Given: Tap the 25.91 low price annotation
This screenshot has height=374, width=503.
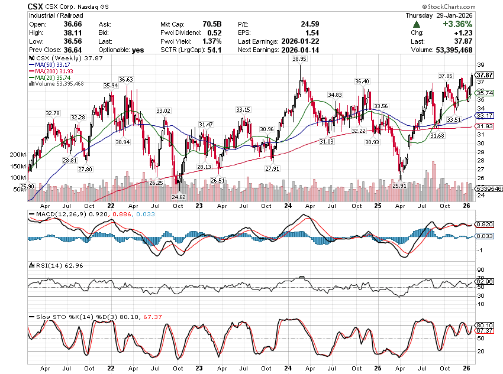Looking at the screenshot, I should pyautogui.click(x=400, y=186).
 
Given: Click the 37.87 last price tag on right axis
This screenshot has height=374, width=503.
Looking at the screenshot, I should pyautogui.click(x=485, y=75).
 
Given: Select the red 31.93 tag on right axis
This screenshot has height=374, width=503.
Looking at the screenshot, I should pyautogui.click(x=485, y=126).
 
